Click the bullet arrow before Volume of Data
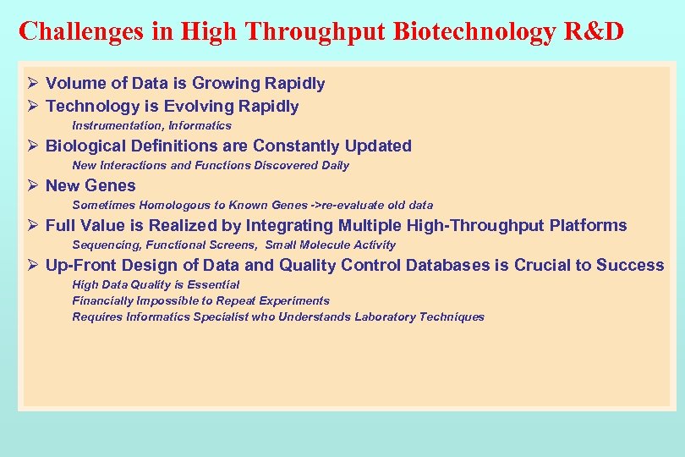[32, 83]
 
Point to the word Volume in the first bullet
[74, 83]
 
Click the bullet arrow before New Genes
[32, 185]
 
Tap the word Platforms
[588, 225]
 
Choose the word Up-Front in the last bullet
[81, 265]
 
